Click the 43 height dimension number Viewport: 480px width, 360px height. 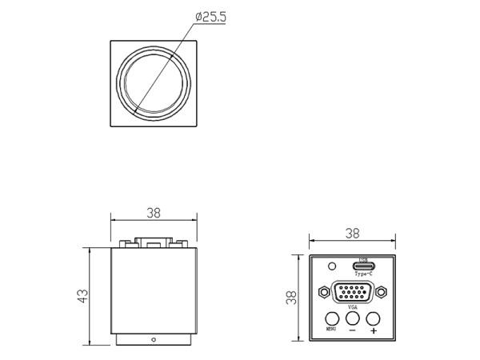coord(82,296)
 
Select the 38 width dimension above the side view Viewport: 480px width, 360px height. coord(154,213)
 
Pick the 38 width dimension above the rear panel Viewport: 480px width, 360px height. coord(351,233)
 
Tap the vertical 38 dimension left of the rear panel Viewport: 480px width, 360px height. coord(293,297)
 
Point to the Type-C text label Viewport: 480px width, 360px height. coord(362,274)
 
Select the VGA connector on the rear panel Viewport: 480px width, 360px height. coord(352,292)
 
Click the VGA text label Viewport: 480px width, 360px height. coord(352,306)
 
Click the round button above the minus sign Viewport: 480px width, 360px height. coord(352,318)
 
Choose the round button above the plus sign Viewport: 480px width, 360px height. coord(373,318)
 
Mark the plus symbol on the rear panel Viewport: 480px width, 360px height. coord(373,330)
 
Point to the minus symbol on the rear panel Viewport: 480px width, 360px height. coord(352,330)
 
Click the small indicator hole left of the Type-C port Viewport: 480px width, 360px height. coord(332,266)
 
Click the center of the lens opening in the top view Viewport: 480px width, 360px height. coord(154,84)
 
